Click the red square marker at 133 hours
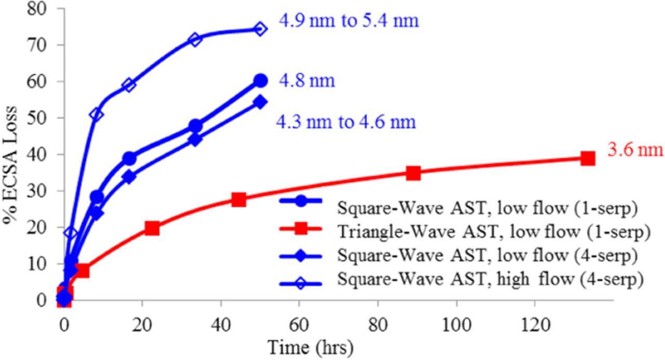coord(588,158)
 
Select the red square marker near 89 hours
coord(413,173)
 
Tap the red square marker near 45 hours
coord(238,199)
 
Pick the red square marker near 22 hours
coord(152,228)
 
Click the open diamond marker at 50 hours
coord(260,29)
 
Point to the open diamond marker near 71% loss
coord(195,39)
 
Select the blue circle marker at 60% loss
coord(260,81)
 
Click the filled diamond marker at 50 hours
coord(260,102)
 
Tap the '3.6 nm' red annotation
coord(635,150)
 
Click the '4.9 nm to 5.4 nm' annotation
coord(349,21)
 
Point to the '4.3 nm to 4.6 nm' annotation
coord(346,122)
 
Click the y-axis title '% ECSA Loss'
coord(11,165)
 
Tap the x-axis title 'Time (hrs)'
coord(310,346)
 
